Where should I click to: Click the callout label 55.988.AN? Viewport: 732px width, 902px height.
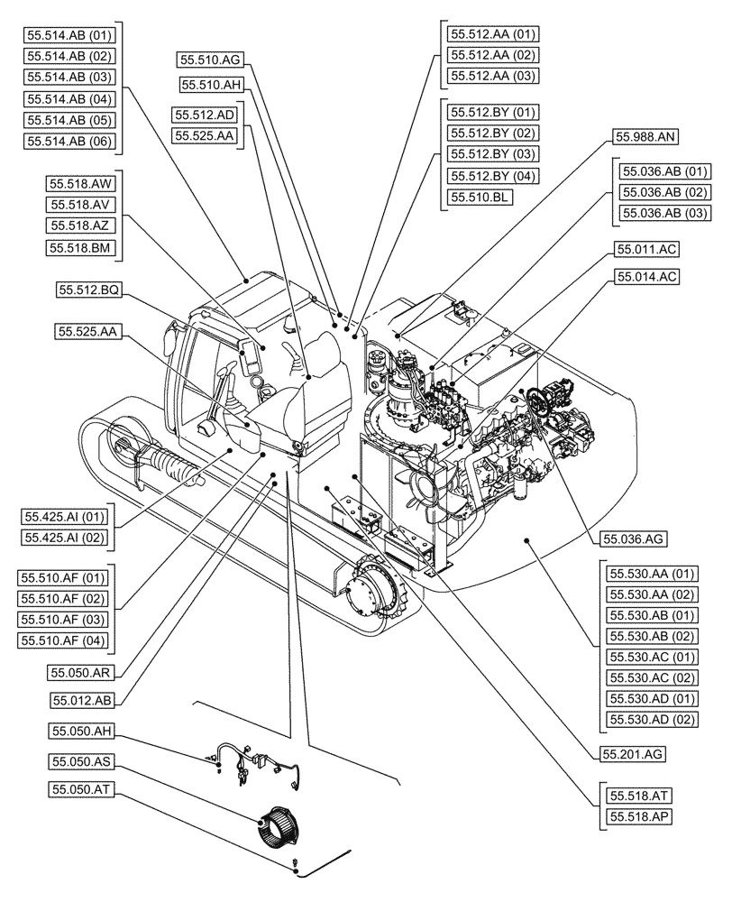tap(646, 138)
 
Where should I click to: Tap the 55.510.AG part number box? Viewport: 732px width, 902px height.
tap(210, 60)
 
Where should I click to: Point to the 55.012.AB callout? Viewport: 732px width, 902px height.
tap(83, 698)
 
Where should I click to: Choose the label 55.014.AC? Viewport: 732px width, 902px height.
tap(646, 277)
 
